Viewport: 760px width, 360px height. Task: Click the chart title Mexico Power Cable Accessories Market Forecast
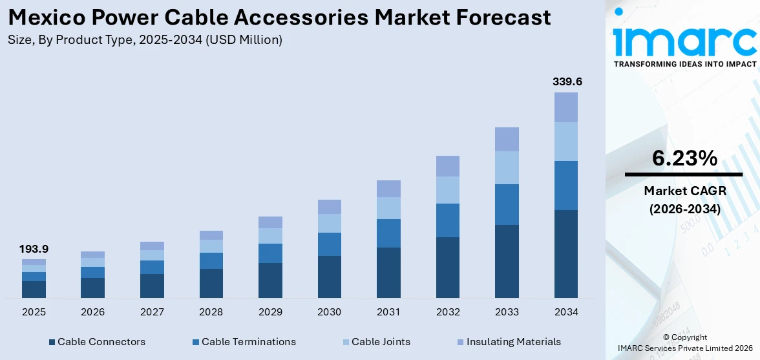click(280, 17)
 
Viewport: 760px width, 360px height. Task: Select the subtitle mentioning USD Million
click(145, 40)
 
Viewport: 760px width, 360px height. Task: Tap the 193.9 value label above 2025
click(34, 249)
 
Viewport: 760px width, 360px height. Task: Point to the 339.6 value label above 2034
click(566, 81)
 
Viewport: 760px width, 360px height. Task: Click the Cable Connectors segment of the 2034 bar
click(566, 253)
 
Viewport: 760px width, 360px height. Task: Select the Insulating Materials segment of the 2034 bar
click(566, 107)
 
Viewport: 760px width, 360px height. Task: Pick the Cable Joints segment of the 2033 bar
click(507, 167)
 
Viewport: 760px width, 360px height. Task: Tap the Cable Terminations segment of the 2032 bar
click(447, 220)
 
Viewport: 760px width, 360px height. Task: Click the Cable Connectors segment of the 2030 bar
click(329, 277)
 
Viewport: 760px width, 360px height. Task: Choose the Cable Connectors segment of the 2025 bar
click(34, 289)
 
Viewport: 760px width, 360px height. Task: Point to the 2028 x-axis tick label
click(211, 312)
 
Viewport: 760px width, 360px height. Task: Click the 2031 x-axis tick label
click(388, 312)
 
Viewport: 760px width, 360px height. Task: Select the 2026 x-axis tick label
click(93, 312)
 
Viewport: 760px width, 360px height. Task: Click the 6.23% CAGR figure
click(684, 158)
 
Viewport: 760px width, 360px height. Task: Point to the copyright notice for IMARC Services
click(684, 343)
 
